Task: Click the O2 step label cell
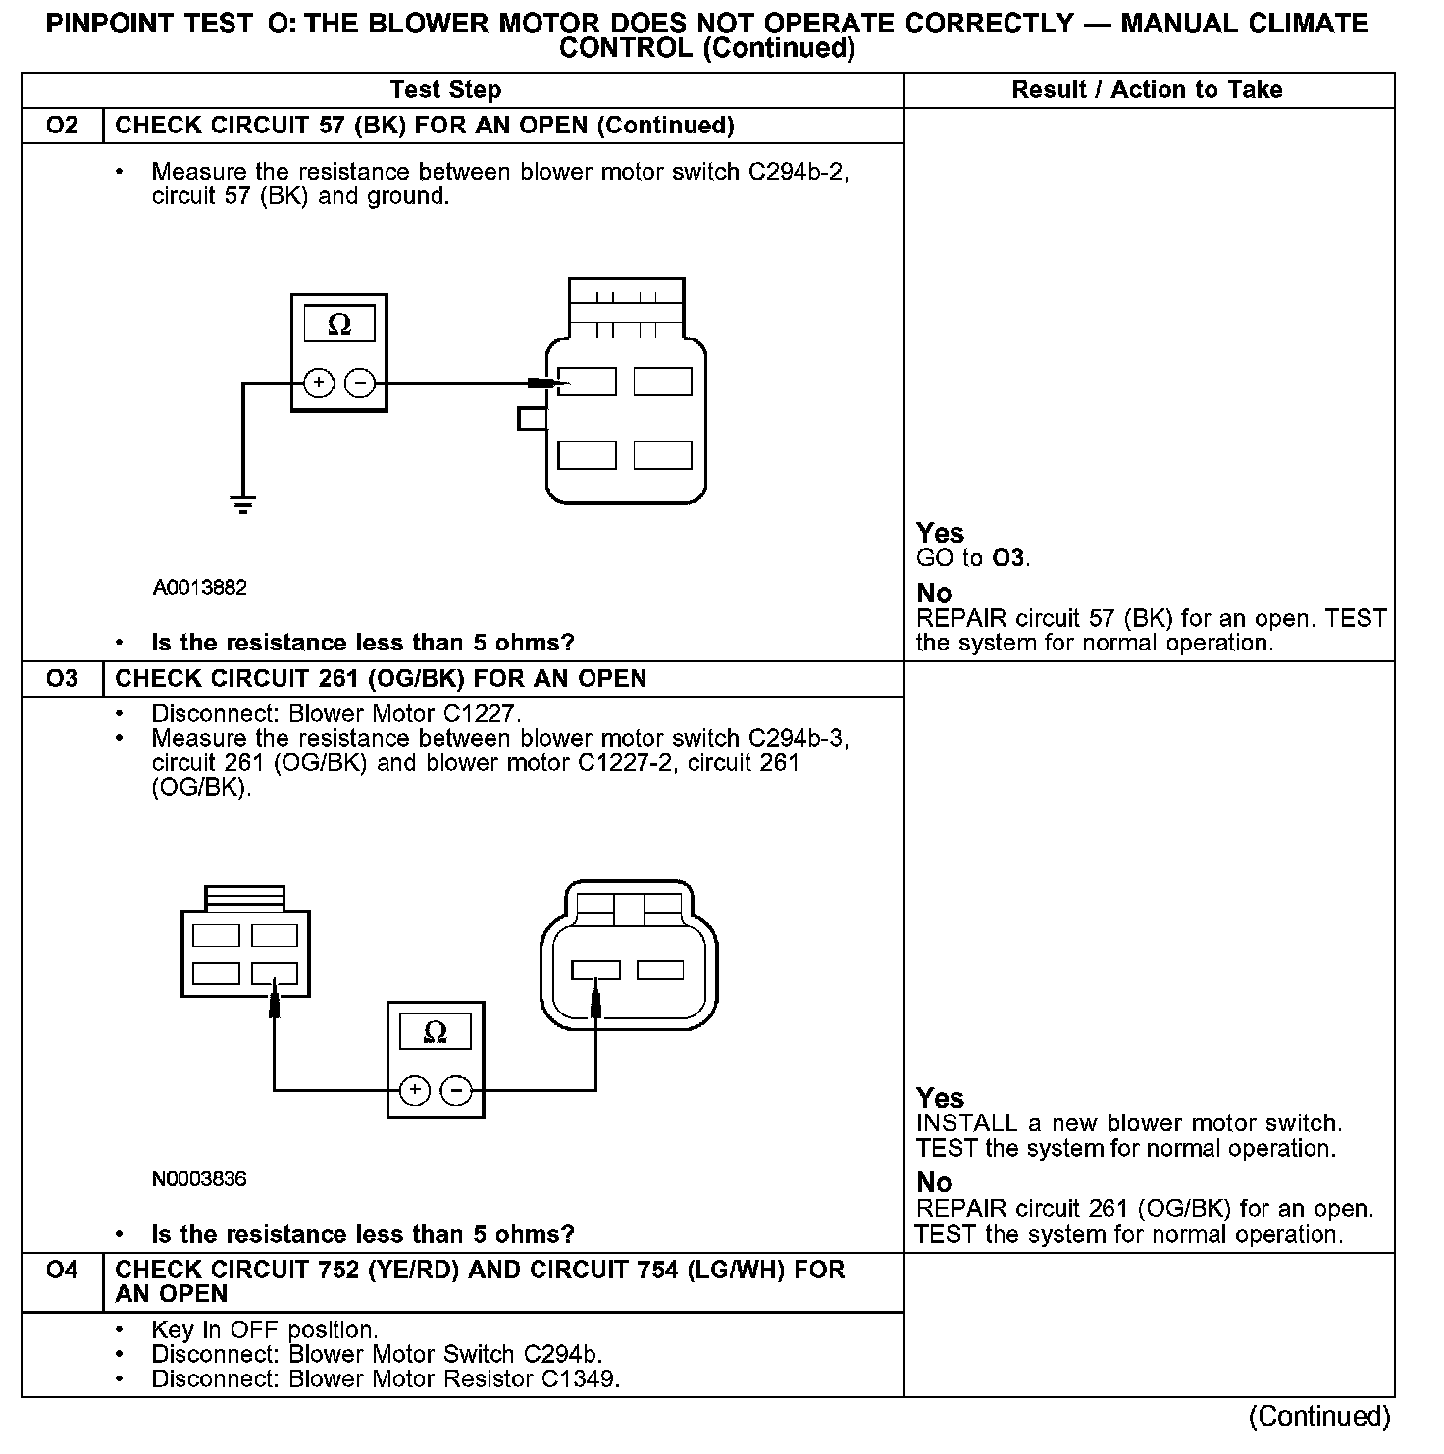tap(62, 126)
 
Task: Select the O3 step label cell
tap(62, 679)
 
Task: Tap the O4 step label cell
tap(62, 1271)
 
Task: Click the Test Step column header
tap(445, 90)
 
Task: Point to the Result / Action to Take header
tap(1147, 90)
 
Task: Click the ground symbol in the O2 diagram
tap(242, 505)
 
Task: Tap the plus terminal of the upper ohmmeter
tap(319, 383)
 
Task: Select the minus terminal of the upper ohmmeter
tap(360, 383)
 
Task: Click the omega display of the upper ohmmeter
tap(338, 325)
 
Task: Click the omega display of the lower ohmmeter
tap(435, 1032)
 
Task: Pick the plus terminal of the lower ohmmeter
tap(415, 1090)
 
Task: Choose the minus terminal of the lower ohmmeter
tap(455, 1090)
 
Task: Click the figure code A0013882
tap(200, 588)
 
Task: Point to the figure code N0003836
tap(200, 1179)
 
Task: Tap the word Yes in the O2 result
tap(940, 533)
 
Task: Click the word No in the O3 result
tap(934, 1182)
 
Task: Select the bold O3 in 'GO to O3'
tap(1008, 559)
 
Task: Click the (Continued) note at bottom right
tap(1318, 1416)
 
